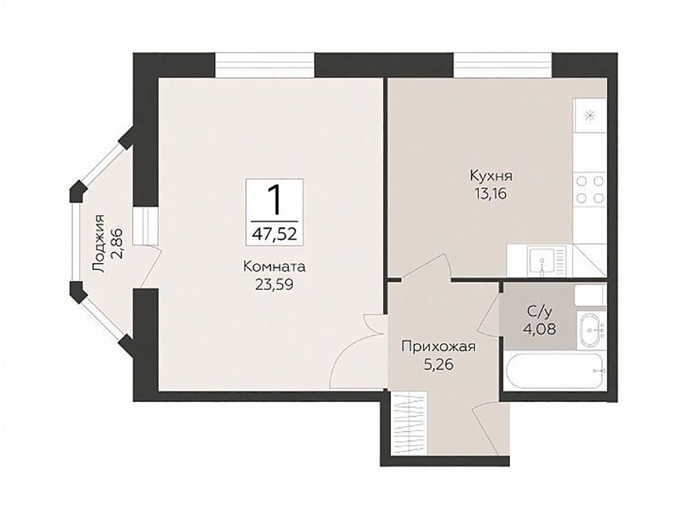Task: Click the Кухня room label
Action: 491,176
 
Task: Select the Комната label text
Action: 274,267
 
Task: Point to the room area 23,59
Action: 274,284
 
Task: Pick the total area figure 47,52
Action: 275,234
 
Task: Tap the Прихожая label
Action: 438,348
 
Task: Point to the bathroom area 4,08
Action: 539,330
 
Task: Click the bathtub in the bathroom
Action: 554,371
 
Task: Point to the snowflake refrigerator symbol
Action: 589,116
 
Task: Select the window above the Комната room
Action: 264,65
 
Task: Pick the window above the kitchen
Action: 502,65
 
